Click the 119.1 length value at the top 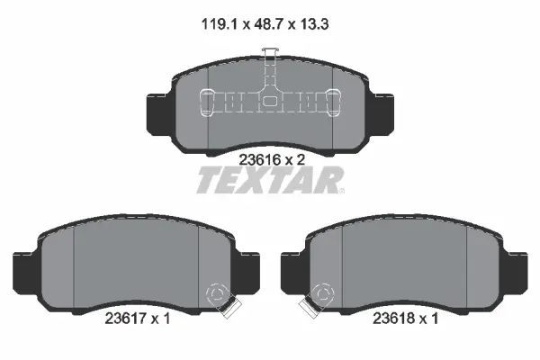[220, 24]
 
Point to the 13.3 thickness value [314, 24]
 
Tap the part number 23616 [258, 160]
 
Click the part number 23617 [124, 319]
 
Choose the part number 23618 [392, 319]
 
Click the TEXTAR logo [270, 180]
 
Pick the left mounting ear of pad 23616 [159, 114]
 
